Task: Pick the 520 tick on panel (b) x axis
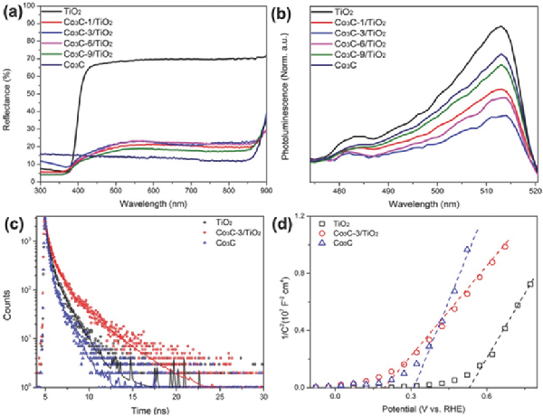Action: coord(538,191)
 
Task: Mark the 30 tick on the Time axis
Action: coord(263,395)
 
